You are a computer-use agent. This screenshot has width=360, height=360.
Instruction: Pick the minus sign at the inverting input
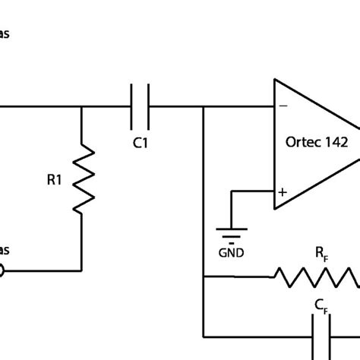(x=283, y=107)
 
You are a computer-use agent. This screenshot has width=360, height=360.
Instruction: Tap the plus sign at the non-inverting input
(x=283, y=193)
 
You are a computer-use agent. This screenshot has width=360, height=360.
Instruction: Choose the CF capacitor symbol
(x=322, y=335)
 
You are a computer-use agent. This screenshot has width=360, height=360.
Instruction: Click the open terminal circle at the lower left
(x=2, y=270)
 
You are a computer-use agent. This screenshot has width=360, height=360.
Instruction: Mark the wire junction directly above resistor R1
(x=81, y=107)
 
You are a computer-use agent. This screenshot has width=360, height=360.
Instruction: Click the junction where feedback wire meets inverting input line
(x=204, y=107)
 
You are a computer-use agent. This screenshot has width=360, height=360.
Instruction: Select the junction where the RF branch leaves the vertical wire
(x=204, y=277)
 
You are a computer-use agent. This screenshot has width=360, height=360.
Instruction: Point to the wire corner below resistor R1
(x=81, y=270)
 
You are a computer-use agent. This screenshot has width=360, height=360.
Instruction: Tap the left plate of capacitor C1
(x=134, y=107)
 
